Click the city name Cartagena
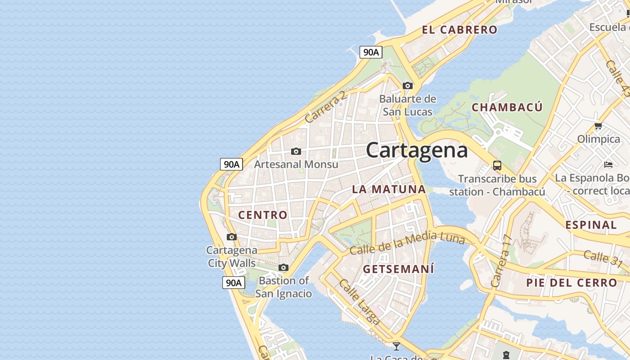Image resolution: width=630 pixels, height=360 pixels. click(417, 150)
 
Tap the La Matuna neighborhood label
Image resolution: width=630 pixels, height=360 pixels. click(389, 189)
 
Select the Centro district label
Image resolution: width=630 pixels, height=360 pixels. click(263, 215)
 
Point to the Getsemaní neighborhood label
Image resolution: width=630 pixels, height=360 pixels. click(399, 269)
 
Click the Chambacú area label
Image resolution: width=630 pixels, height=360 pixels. click(507, 108)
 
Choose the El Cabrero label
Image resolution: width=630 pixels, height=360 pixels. click(459, 30)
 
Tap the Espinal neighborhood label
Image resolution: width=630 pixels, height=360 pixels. click(591, 225)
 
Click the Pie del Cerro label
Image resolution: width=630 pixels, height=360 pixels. click(572, 283)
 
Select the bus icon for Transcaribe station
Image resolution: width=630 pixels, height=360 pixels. click(497, 165)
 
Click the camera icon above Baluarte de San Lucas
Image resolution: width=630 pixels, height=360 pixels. click(408, 85)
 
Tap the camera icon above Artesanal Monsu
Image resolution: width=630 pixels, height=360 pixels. click(296, 151)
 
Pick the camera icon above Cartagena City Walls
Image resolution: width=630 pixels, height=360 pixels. click(232, 237)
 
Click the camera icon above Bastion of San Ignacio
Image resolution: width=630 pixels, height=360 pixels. click(283, 268)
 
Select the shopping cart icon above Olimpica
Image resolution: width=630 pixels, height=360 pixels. click(598, 126)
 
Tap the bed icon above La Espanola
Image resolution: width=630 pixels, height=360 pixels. click(608, 164)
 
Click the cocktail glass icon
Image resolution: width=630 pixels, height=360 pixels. click(396, 346)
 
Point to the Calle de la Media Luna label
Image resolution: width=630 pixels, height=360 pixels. click(407, 243)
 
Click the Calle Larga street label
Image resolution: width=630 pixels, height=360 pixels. click(359, 302)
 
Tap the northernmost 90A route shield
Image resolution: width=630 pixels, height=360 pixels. click(371, 52)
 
